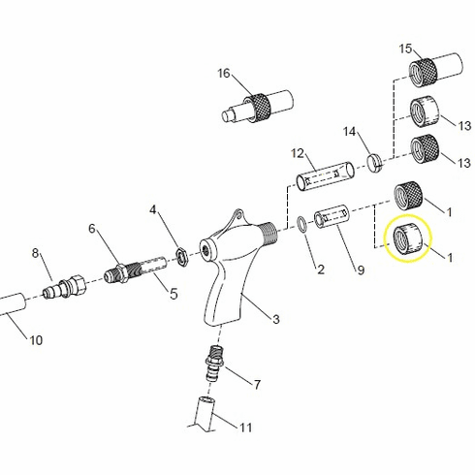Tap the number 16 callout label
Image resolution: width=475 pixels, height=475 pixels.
click(x=224, y=74)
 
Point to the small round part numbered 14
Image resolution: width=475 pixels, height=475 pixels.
click(x=374, y=160)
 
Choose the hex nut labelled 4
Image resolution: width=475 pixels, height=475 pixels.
click(x=179, y=254)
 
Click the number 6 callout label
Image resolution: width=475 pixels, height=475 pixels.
click(x=93, y=229)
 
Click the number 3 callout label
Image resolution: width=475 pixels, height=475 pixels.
click(x=275, y=319)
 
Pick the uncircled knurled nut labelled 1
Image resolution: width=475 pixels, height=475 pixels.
click(x=411, y=197)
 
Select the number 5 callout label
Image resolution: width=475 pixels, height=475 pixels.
click(x=174, y=293)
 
